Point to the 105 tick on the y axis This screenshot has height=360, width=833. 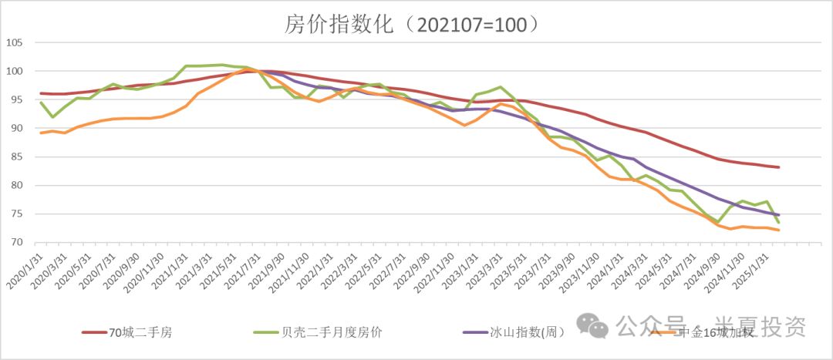point(15,42)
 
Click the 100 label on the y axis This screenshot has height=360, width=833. point(15,71)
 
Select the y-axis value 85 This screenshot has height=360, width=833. point(18,156)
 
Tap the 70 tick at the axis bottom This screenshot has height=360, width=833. point(18,242)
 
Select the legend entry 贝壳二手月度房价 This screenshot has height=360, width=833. point(333,332)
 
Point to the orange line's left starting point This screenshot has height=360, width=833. point(40,133)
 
